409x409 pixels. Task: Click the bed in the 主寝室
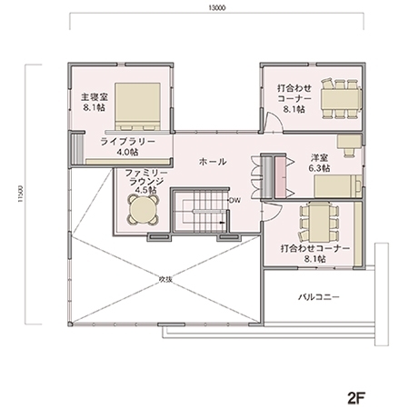136,101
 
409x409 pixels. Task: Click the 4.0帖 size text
127,153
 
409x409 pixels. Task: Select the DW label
234,200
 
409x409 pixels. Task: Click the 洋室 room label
318,157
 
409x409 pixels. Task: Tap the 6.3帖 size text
318,168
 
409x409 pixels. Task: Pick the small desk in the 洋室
347,143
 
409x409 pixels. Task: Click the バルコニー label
317,296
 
